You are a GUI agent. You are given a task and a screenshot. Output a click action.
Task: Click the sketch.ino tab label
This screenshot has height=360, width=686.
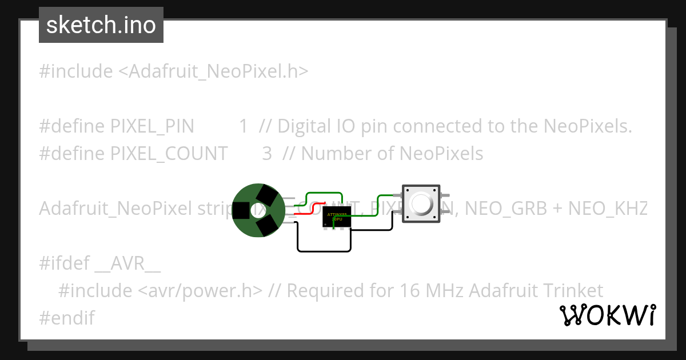click(x=101, y=25)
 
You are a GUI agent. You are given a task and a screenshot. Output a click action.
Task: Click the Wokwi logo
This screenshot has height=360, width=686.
click(x=608, y=315)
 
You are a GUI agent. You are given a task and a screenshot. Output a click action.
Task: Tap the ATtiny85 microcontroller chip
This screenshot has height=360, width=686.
click(x=337, y=217)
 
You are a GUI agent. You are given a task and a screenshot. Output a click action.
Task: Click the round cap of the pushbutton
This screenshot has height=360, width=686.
click(x=421, y=203)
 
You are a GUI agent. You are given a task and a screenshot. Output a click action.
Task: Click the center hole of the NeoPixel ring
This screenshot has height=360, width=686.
click(x=258, y=210)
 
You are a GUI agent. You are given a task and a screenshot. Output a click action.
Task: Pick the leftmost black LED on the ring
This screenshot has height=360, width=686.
click(x=241, y=210)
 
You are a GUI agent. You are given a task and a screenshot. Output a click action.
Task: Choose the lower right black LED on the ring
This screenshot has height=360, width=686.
click(x=267, y=225)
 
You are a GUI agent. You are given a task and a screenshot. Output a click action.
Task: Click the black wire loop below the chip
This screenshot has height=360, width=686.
click(x=324, y=251)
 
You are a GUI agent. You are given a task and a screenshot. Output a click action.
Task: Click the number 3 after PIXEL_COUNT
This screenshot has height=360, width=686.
click(x=267, y=154)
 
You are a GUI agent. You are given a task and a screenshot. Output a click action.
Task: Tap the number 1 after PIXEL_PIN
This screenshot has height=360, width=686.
click(x=244, y=126)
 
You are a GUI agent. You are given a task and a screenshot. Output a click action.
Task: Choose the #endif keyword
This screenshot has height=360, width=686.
click(x=67, y=318)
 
